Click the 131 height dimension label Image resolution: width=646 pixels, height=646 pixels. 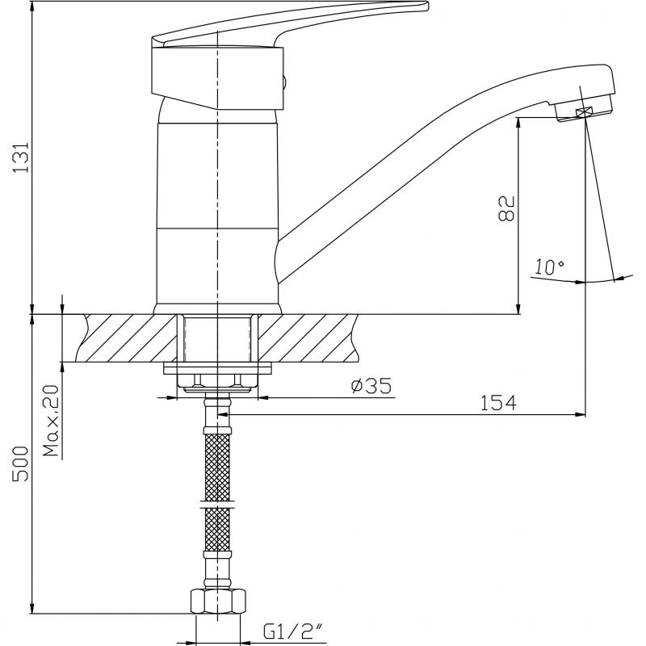click(22, 157)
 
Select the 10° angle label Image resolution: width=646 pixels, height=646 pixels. click(549, 267)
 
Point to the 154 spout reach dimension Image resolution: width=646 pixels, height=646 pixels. click(498, 403)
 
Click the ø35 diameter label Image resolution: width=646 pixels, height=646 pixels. click(371, 386)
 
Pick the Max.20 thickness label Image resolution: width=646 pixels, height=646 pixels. click(52, 421)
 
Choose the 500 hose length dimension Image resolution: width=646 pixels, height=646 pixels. click(21, 464)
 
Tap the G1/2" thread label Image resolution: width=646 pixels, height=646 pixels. click(293, 631)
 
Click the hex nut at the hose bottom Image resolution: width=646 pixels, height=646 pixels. click(218, 601)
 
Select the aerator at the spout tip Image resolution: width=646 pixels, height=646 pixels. click(584, 108)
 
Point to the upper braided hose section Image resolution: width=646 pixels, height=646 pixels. click(217, 468)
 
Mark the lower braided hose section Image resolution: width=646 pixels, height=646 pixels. click(217, 530)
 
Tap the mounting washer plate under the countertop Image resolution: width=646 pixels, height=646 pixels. click(217, 368)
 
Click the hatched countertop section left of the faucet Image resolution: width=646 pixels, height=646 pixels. click(128, 338)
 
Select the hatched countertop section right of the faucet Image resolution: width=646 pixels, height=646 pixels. click(307, 338)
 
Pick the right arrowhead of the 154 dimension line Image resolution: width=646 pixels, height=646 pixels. click(580, 414)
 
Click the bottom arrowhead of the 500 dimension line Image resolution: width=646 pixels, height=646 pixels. click(32, 608)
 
